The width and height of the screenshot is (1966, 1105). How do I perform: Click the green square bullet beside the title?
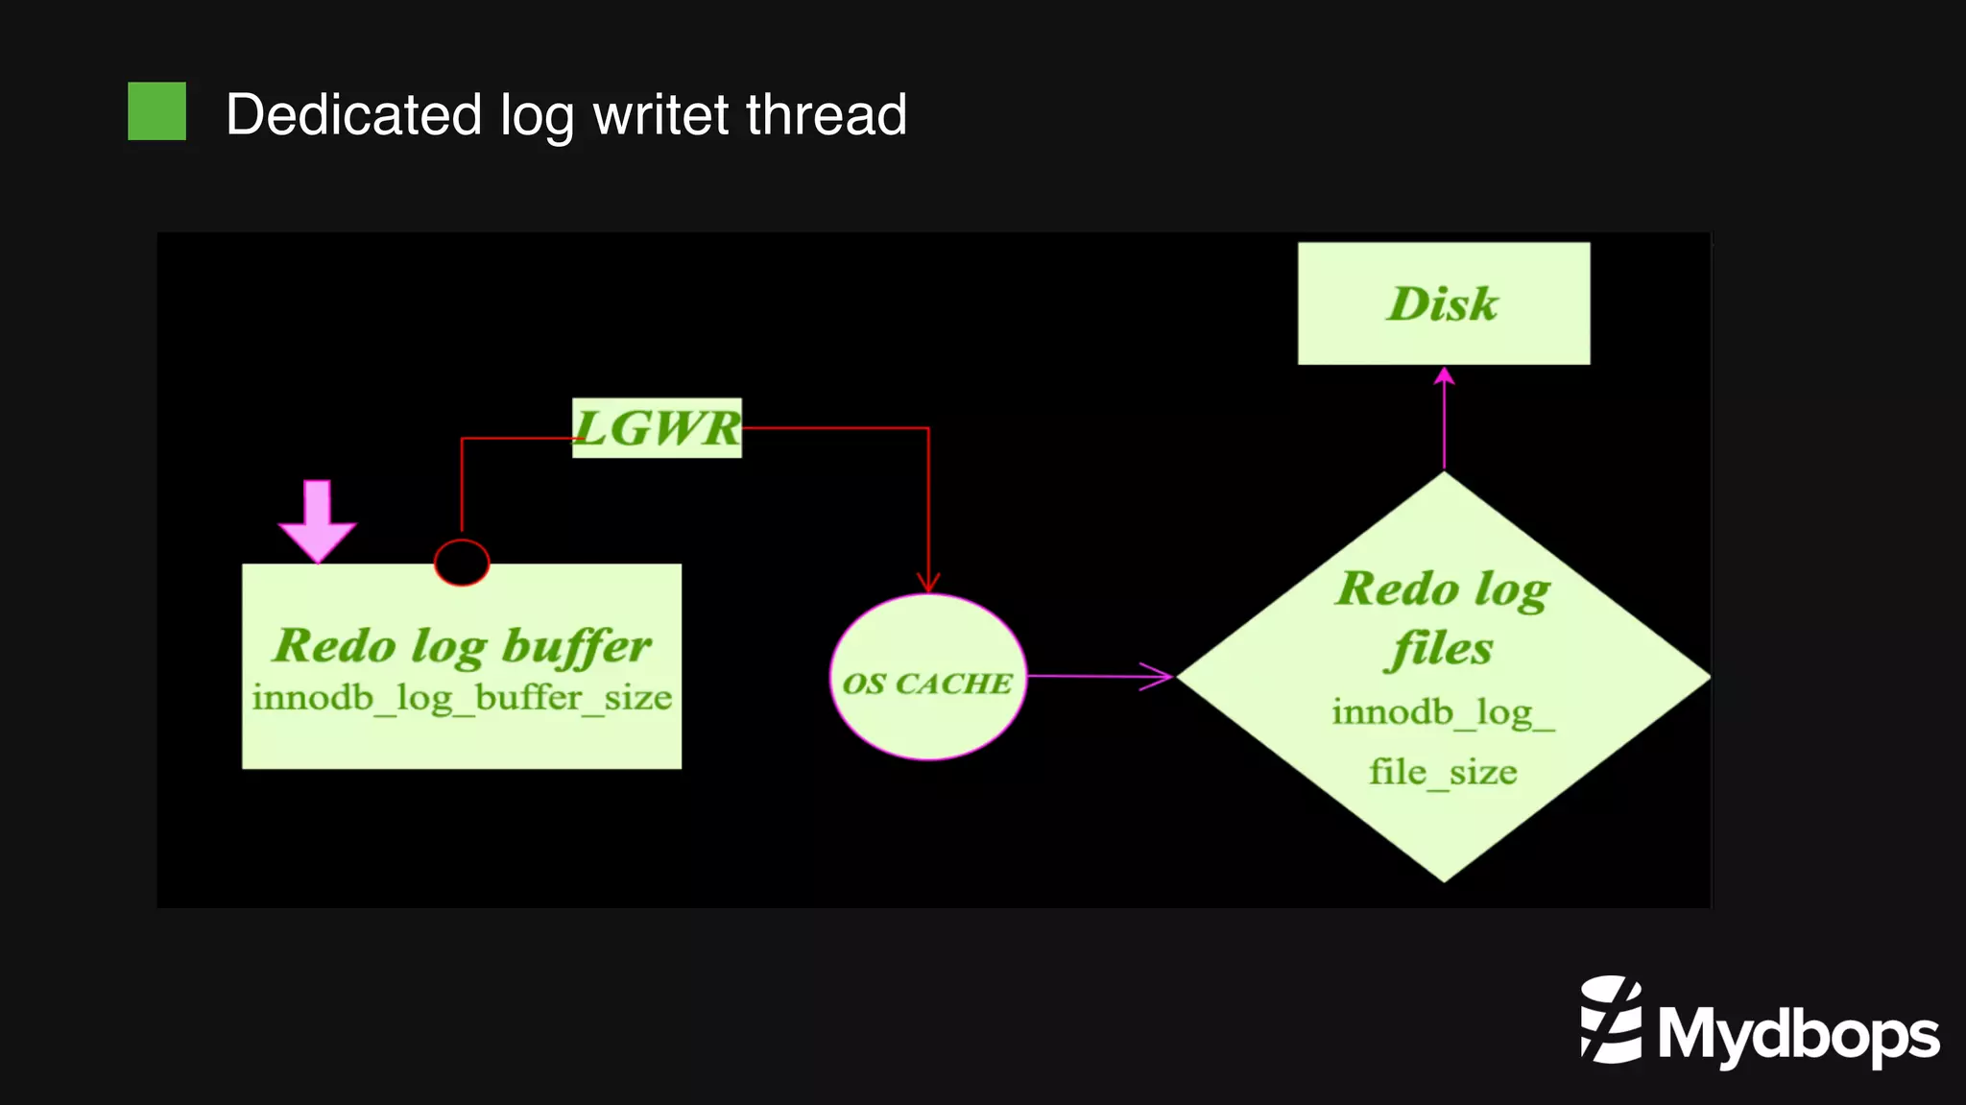[x=156, y=111]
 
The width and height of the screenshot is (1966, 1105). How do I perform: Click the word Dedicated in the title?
[x=353, y=115]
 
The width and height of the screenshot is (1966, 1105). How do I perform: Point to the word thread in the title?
[x=827, y=115]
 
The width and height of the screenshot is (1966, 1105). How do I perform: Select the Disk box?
[x=1443, y=303]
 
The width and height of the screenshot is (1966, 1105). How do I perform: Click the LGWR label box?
[x=657, y=428]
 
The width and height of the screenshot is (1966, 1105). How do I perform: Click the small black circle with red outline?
[x=462, y=563]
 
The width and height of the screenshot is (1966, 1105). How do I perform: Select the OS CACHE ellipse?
[x=927, y=678]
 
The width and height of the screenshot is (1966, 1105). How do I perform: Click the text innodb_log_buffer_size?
[x=462, y=698]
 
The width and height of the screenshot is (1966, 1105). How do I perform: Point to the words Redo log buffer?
[x=462, y=645]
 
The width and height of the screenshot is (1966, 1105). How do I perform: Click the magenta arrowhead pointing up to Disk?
[x=1444, y=376]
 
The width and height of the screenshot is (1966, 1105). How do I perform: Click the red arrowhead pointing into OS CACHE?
[x=927, y=582]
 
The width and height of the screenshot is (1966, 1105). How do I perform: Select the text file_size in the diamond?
[x=1443, y=773]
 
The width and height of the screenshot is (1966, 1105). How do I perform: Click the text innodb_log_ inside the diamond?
[x=1443, y=713]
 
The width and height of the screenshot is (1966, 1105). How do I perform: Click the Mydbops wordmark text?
[x=1798, y=1035]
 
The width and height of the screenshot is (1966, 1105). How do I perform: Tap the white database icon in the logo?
[x=1611, y=1020]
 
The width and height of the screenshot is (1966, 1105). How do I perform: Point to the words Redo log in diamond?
[x=1443, y=589]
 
